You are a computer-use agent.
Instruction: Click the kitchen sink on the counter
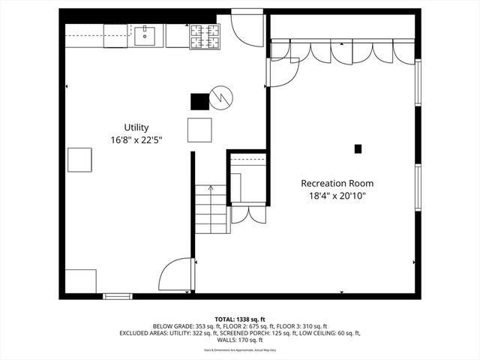[148, 34]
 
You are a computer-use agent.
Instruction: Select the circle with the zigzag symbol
[221, 97]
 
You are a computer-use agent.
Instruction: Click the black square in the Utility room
[199, 101]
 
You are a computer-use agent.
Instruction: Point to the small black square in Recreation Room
[358, 148]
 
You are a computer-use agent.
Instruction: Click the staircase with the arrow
[211, 209]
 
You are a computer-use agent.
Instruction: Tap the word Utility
[136, 127]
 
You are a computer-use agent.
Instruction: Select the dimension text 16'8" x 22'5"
[136, 140]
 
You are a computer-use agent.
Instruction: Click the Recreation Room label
[337, 183]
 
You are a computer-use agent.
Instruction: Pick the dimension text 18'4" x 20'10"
[337, 196]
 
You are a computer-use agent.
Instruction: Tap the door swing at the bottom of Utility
[177, 274]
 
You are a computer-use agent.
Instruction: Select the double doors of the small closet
[247, 214]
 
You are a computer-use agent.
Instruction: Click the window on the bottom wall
[118, 296]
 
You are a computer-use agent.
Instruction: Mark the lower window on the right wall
[418, 187]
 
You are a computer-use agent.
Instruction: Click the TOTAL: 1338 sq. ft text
[239, 318]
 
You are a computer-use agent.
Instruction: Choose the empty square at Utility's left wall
[79, 160]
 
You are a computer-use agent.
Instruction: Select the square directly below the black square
[199, 130]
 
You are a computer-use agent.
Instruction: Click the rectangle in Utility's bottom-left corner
[80, 281]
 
